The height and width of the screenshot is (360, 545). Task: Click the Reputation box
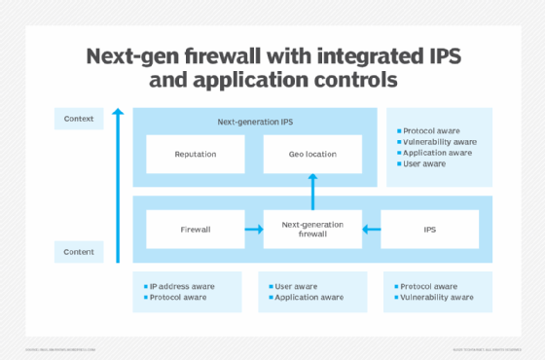pos(195,154)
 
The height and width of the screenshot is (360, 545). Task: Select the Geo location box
pos(312,154)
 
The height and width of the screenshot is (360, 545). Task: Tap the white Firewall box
pos(195,230)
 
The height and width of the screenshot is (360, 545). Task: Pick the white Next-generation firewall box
pos(312,230)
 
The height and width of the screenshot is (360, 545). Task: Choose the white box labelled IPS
pos(429,230)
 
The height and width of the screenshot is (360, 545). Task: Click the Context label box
pos(79,120)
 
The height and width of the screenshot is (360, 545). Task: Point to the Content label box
pos(79,252)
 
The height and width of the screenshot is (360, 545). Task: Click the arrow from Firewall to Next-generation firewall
pos(253,230)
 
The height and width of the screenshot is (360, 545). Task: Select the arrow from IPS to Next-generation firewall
pos(371,230)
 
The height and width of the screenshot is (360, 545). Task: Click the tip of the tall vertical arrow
pos(118,112)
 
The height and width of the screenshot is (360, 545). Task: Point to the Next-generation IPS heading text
pos(253,122)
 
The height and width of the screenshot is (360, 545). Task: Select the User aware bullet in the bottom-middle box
pos(296,286)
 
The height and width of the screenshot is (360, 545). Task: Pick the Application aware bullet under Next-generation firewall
pos(309,297)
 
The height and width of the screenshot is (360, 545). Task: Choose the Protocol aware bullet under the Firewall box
pos(179,297)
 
